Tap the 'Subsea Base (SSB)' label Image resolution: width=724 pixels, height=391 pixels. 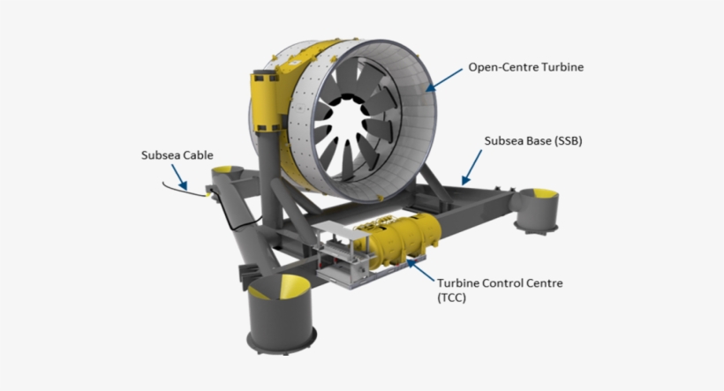pyautogui.click(x=532, y=140)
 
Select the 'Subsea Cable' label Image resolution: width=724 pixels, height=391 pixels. pyautogui.click(x=177, y=156)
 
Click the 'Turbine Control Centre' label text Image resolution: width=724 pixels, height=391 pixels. pyautogui.click(x=500, y=283)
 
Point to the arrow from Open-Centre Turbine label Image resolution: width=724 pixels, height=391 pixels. pyautogui.click(x=447, y=77)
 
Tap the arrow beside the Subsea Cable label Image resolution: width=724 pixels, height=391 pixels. pyautogui.click(x=180, y=176)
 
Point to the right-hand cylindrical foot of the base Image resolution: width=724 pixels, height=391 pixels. pyautogui.click(x=537, y=209)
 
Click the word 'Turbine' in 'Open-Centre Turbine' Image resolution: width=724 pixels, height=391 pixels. pyautogui.click(x=562, y=66)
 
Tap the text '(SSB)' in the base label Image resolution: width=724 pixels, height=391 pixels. pyautogui.click(x=563, y=140)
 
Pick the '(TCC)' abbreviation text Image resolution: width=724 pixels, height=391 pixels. pyautogui.click(x=453, y=299)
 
